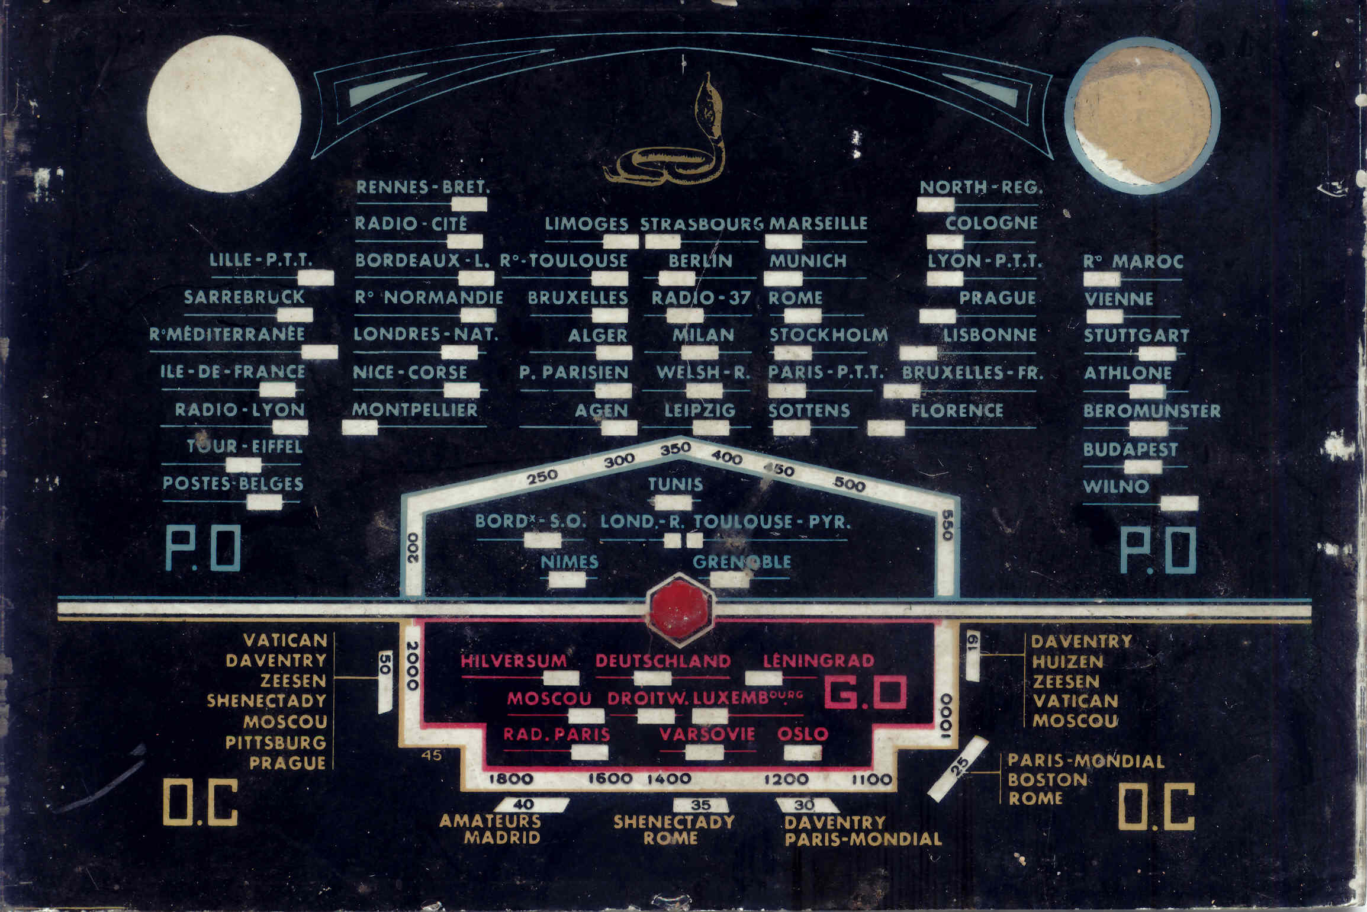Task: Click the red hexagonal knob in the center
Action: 680,609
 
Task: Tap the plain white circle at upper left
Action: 224,114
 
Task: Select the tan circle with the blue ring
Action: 1142,115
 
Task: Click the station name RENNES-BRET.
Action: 423,188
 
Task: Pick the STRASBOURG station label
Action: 702,224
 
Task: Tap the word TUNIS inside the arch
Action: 676,484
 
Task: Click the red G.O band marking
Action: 866,693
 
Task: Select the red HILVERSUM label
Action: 514,661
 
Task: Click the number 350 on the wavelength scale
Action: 676,448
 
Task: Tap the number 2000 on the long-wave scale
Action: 413,666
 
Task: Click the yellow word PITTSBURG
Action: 275,743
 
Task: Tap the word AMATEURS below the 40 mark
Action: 490,821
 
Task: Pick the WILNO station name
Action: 1115,487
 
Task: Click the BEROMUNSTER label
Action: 1152,411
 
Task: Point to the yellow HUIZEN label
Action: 1067,661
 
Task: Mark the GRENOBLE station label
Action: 741,561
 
